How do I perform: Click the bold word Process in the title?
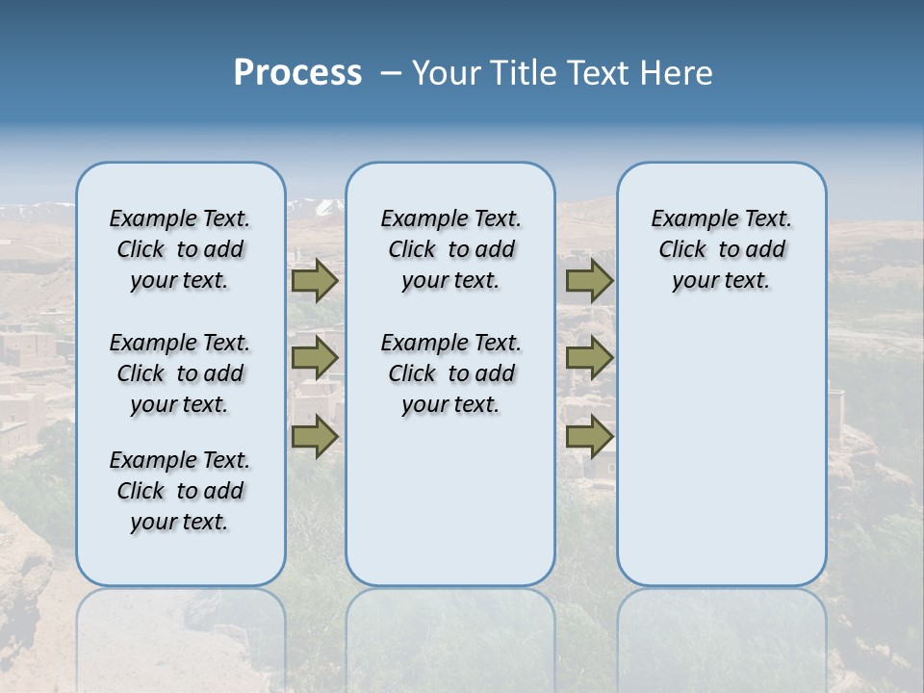click(x=297, y=73)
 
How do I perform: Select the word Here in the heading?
click(x=678, y=73)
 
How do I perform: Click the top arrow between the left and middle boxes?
click(x=315, y=280)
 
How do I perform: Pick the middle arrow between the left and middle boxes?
click(x=315, y=358)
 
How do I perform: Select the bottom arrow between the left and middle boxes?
click(x=315, y=436)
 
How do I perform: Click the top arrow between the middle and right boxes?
click(x=589, y=280)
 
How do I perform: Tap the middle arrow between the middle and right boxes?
click(x=589, y=358)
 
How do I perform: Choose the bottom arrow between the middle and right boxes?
click(x=589, y=436)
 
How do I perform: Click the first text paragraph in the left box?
click(x=180, y=249)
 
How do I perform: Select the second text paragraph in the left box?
click(x=180, y=373)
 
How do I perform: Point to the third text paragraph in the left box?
click(x=180, y=491)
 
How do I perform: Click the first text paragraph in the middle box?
click(x=450, y=249)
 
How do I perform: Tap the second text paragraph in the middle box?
click(x=450, y=373)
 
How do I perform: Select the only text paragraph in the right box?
click(x=721, y=249)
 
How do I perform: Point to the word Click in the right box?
click(x=682, y=250)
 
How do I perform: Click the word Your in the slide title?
click(x=447, y=73)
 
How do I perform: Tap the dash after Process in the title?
click(x=391, y=73)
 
